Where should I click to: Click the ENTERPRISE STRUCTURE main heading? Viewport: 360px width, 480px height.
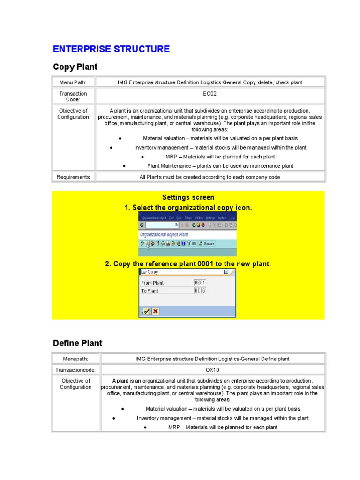point(111,49)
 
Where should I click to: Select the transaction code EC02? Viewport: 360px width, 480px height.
point(210,94)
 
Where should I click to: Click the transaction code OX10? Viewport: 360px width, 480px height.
point(212,370)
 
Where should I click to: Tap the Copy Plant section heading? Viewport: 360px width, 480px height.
point(75,67)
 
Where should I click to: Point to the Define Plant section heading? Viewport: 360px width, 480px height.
point(77,343)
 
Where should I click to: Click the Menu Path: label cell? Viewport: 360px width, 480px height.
point(73,82)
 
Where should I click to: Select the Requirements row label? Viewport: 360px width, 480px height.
point(73,177)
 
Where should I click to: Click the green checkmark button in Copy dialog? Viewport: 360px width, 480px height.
point(146,311)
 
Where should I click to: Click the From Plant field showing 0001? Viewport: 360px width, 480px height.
point(200,283)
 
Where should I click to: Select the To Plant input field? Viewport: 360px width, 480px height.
point(200,291)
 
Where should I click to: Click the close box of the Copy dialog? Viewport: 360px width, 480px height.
point(226,272)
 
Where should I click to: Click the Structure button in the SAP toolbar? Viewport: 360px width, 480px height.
point(207,243)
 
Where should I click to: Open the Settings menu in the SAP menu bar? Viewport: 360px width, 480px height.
point(210,218)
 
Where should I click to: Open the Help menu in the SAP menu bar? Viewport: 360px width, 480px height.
point(232,218)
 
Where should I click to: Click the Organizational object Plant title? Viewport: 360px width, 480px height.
point(164,234)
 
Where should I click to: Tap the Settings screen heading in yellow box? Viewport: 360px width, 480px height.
point(188,197)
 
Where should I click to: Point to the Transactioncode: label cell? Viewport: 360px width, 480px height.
point(75,370)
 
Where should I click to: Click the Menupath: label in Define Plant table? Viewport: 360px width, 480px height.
point(75,359)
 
